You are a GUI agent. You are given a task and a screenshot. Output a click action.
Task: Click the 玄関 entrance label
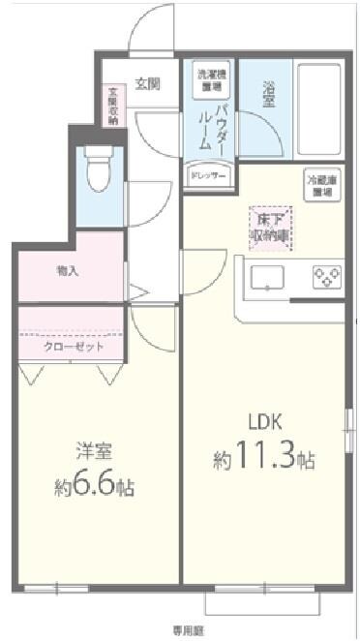(147, 83)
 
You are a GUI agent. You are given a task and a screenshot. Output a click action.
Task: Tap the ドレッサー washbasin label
(209, 177)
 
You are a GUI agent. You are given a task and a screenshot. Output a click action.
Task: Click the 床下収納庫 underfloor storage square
(268, 226)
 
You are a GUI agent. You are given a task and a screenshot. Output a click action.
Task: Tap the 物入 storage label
(69, 271)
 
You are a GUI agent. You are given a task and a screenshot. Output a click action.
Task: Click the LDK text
(264, 424)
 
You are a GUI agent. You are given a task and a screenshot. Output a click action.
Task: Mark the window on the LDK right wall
(348, 431)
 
